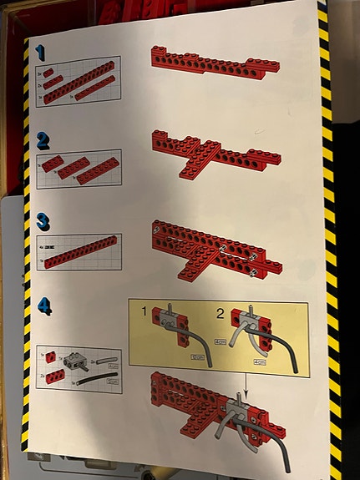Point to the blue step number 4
43,306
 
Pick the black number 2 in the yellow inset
221,313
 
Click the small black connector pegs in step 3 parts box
51,249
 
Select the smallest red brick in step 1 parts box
48,73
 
